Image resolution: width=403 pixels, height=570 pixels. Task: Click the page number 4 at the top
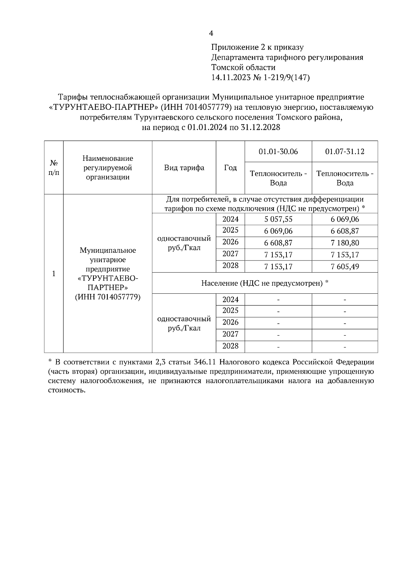211,33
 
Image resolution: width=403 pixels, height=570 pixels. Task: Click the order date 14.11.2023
231,78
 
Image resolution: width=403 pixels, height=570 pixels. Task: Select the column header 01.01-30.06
278,151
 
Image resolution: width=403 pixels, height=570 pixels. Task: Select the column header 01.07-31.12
345,151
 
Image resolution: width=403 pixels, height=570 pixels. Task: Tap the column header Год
230,168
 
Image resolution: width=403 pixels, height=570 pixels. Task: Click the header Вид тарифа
184,168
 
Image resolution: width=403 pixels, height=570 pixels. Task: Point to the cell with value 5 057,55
278,219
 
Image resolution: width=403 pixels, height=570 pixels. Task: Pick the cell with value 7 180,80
345,243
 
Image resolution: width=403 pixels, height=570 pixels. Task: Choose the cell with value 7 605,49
345,267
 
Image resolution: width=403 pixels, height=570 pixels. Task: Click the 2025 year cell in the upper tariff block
230,230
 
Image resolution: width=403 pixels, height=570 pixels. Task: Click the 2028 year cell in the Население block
230,346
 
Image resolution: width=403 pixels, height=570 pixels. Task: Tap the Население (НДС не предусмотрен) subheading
265,283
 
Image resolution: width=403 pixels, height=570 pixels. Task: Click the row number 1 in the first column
54,274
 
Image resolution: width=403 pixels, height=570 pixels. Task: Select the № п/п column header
54,168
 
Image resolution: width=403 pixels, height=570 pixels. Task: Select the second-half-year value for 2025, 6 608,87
345,231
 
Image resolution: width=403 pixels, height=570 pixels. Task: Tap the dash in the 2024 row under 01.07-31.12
345,300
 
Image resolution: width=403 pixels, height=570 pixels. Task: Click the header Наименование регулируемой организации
107,168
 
